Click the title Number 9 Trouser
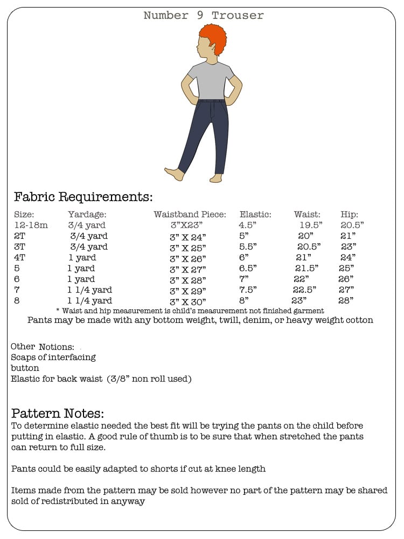pos(204,16)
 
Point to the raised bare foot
pos(174,174)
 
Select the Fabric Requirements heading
pos(83,196)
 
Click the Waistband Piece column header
pos(190,215)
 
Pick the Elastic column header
pos(255,215)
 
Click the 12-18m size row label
pos(31,225)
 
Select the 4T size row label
pos(20,258)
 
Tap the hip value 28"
pos(345,301)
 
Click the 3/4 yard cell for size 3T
pos(89,247)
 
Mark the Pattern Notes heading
pos(58,413)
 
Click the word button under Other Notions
pos(25,368)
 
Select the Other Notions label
pos(43,347)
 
